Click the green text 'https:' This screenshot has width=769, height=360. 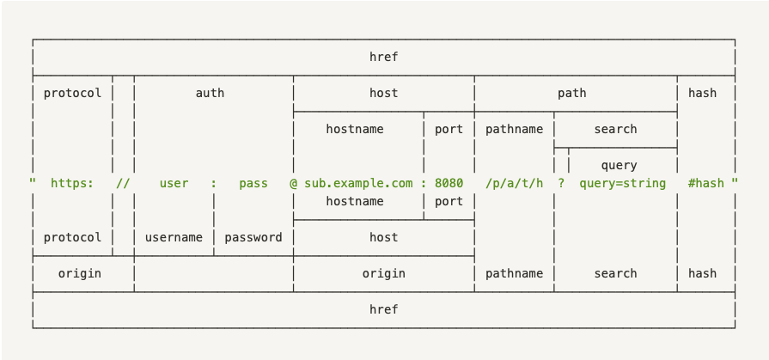[x=72, y=183]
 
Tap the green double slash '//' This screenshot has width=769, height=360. [x=123, y=183]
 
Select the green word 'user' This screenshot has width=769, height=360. [x=174, y=183]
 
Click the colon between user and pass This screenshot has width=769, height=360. [x=213, y=184]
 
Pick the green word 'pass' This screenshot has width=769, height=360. [x=253, y=184]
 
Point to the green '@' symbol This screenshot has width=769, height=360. [x=293, y=183]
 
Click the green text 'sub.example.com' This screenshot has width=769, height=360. [x=358, y=184]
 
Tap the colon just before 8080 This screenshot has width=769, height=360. [x=424, y=184]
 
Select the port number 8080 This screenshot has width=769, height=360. [x=449, y=183]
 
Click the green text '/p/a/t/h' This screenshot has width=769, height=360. [x=514, y=184]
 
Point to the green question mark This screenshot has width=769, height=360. [x=561, y=183]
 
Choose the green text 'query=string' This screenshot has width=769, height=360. [x=622, y=184]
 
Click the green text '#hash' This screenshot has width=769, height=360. [x=705, y=183]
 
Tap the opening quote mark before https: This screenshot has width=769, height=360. [x=33, y=181]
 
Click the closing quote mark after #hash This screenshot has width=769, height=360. [x=735, y=181]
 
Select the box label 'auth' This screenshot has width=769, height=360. [x=210, y=93]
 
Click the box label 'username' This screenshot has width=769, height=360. [x=174, y=237]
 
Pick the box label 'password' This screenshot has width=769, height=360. [x=253, y=238]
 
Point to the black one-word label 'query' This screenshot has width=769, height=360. [x=619, y=166]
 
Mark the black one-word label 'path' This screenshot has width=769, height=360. [x=572, y=93]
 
